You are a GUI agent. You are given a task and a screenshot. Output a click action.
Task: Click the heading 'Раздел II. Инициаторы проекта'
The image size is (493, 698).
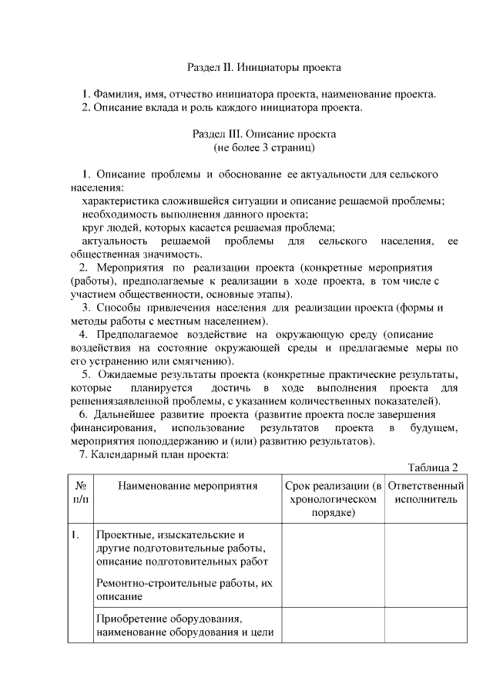pyautogui.click(x=264, y=68)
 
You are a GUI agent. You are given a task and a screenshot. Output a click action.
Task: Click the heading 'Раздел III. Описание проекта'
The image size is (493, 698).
pyautogui.click(x=264, y=133)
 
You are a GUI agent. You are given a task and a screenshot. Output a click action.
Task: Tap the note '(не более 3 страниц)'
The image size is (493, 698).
pyautogui.click(x=264, y=146)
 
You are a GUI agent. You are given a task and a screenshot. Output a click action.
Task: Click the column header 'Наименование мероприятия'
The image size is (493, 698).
pyautogui.click(x=187, y=486)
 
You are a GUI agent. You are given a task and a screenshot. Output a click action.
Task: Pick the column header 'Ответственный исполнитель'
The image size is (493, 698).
pyautogui.click(x=426, y=493)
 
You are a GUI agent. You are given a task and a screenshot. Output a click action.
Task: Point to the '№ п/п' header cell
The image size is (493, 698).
pyautogui.click(x=81, y=493)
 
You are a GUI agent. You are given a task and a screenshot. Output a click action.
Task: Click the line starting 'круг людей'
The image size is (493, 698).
pyautogui.click(x=208, y=228)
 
